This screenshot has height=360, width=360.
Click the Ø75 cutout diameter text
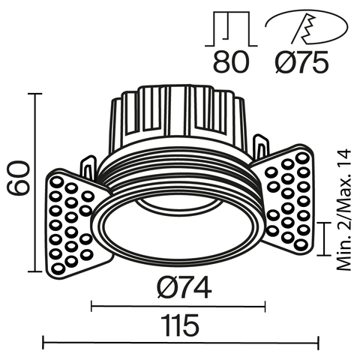pyautogui.click(x=301, y=64)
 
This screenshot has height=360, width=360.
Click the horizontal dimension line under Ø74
pyautogui.click(x=178, y=304)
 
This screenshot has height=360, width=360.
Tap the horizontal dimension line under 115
pyautogui.click(x=180, y=343)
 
